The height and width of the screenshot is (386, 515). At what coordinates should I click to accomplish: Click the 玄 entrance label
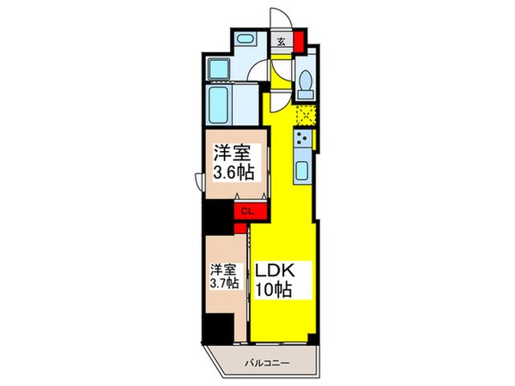281,40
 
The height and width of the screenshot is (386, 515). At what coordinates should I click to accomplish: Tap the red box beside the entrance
299,40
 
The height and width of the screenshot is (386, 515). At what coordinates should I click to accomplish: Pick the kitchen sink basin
303,170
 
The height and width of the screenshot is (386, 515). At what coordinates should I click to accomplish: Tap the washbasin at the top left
244,39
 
